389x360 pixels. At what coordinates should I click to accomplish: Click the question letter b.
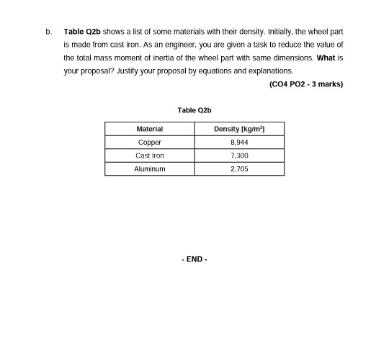(x=48, y=32)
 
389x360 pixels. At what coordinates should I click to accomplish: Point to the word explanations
(x=270, y=71)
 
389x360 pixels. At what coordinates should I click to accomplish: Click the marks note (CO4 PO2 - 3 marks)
(x=305, y=84)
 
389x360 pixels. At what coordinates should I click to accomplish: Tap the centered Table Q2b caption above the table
(x=194, y=110)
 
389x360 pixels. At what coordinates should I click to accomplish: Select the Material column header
(x=149, y=129)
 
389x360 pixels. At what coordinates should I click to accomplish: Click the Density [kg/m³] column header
(x=239, y=129)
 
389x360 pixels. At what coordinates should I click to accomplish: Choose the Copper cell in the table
(x=149, y=143)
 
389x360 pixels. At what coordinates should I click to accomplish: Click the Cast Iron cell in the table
(x=149, y=156)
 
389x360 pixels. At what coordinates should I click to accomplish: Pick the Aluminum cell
(x=149, y=168)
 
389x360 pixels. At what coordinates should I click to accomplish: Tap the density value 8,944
(x=239, y=143)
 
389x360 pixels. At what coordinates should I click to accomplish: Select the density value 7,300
(x=239, y=156)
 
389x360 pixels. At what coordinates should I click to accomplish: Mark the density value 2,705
(x=239, y=168)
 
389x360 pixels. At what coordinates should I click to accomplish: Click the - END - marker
(x=194, y=259)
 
